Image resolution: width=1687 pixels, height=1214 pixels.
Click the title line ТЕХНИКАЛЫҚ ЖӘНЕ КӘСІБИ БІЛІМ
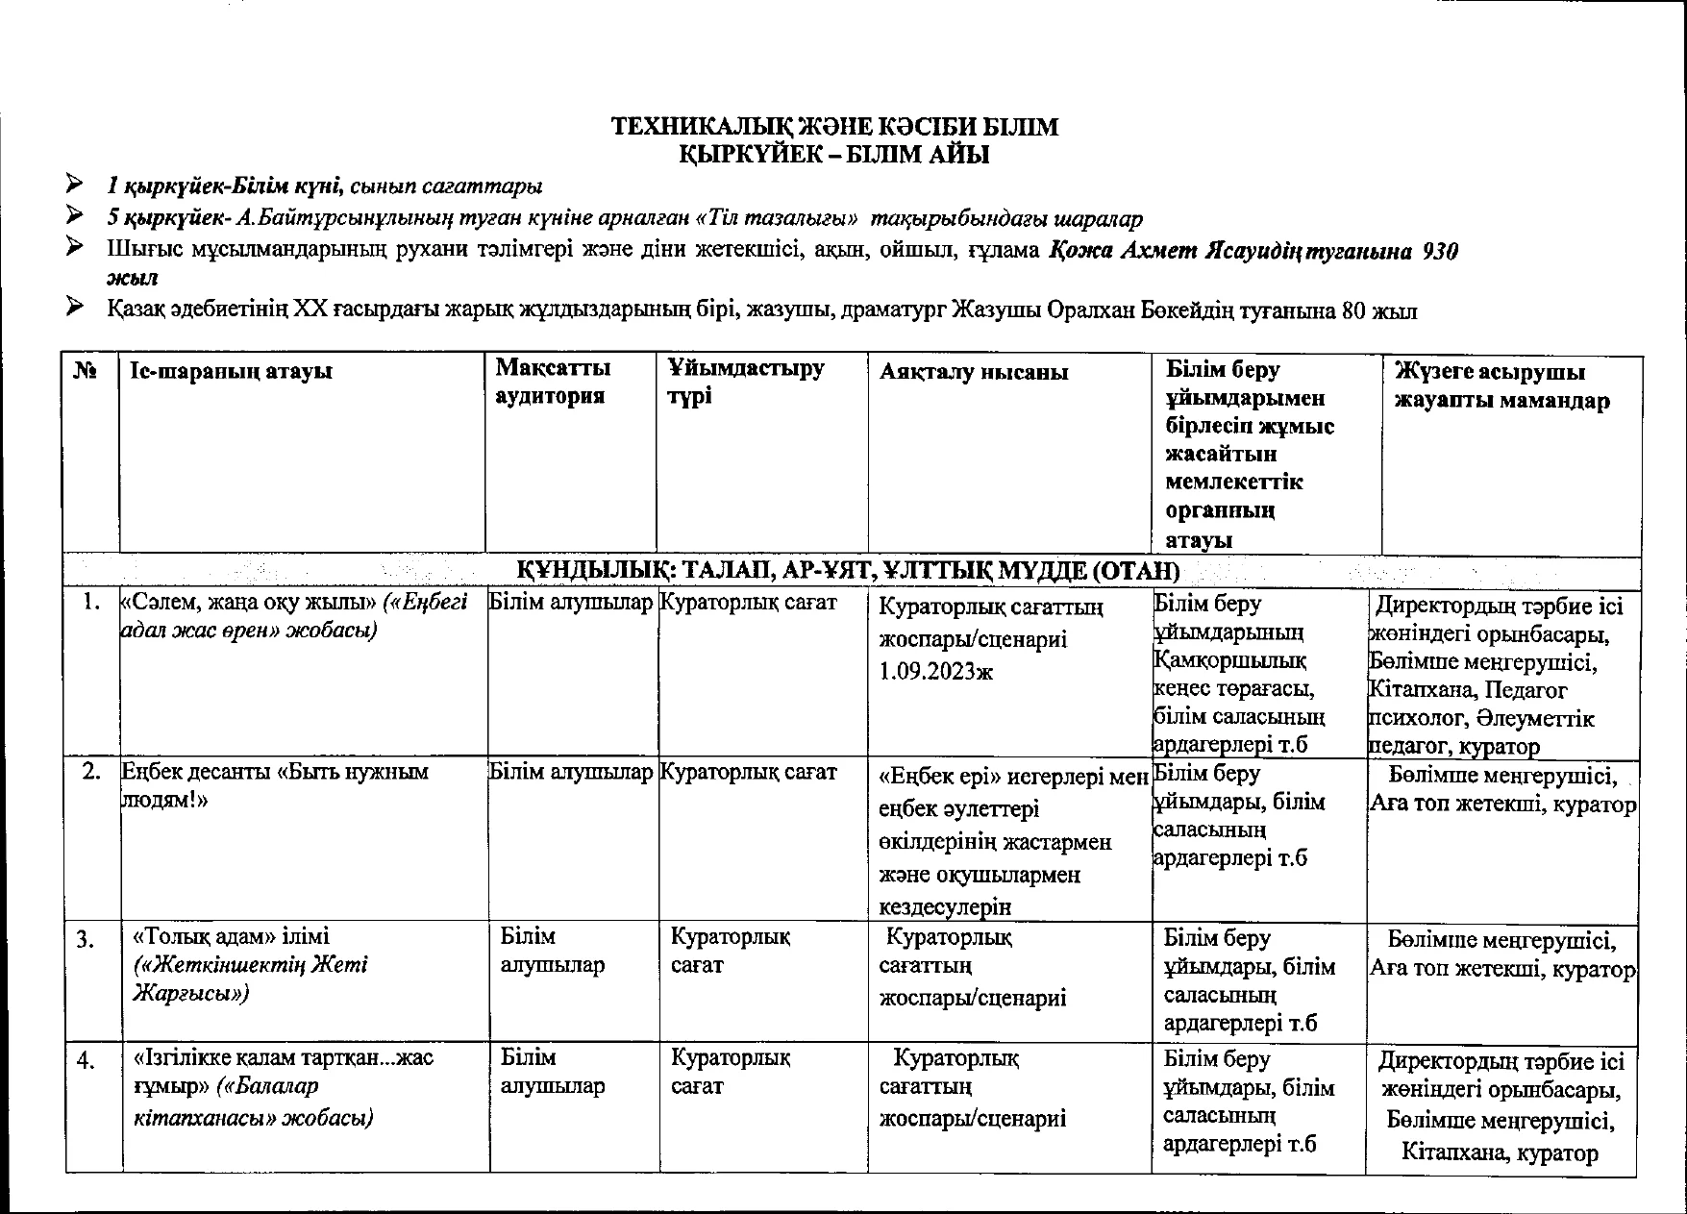click(835, 127)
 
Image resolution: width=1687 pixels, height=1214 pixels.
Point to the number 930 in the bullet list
click(1439, 252)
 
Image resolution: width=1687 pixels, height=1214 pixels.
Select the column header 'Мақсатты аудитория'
click(553, 382)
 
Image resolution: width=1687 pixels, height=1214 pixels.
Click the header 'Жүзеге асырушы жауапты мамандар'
click(1502, 385)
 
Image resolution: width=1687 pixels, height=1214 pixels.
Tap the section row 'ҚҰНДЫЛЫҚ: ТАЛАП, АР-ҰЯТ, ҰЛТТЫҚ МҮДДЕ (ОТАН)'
click(848, 571)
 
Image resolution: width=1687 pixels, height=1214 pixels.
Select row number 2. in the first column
click(92, 772)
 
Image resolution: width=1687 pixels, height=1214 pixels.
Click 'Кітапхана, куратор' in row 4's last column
click(1500, 1152)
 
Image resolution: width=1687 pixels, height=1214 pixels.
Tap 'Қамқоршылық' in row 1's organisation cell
click(1229, 661)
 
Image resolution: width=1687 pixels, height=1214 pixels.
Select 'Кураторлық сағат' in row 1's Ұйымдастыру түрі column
click(748, 604)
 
